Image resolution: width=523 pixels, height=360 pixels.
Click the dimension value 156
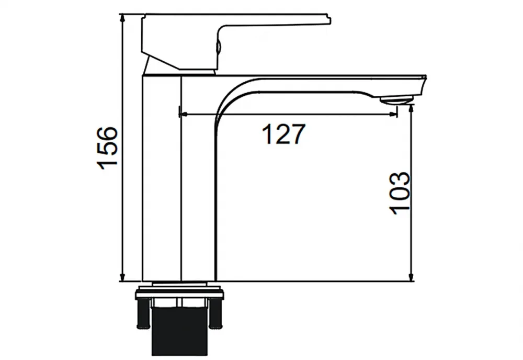click(107, 148)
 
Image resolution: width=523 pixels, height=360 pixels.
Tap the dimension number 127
click(283, 134)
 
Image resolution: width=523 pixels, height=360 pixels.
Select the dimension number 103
click(400, 193)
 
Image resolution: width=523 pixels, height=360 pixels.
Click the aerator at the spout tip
click(396, 99)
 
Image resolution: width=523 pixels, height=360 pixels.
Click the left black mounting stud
click(143, 313)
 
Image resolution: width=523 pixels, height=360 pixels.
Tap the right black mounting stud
click(215, 313)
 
